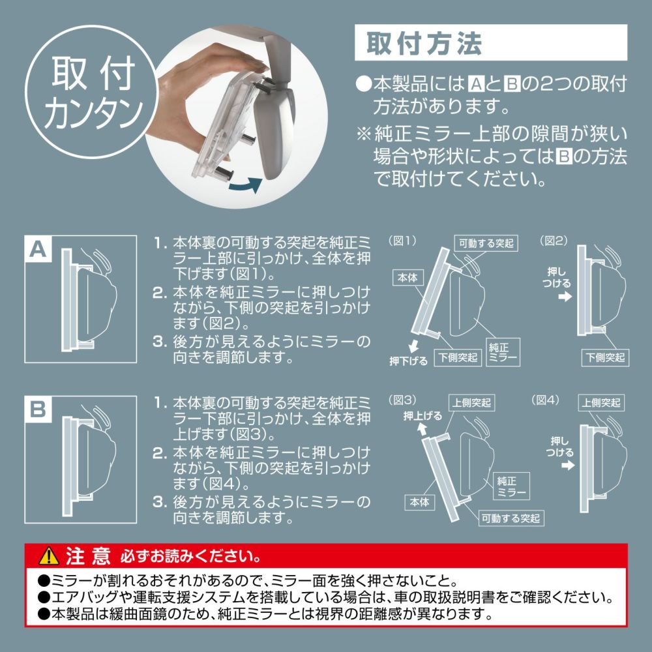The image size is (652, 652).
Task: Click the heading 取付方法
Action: click(424, 43)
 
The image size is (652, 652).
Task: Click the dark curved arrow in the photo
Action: click(246, 185)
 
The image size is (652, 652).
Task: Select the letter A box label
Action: click(38, 250)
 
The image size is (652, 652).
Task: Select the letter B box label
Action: click(38, 409)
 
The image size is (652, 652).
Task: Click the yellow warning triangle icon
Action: click(49, 556)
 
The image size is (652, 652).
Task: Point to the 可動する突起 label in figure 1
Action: click(486, 243)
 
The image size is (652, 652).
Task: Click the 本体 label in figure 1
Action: click(407, 277)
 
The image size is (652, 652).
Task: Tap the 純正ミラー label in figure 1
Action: click(503, 352)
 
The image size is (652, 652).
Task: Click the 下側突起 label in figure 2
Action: click(605, 357)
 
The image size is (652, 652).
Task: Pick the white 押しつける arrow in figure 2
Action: click(565, 297)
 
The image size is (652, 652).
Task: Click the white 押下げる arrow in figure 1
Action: click(413, 346)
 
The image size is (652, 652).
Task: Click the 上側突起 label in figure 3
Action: click(472, 402)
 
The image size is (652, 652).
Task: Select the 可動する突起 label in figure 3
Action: click(511, 518)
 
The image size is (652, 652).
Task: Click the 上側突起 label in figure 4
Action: click(601, 402)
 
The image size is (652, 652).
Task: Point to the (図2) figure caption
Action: click(553, 241)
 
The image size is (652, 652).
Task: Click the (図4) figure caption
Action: click(545, 400)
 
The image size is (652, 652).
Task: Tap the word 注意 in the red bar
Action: click(88, 556)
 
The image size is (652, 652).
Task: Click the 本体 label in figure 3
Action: click(419, 502)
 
